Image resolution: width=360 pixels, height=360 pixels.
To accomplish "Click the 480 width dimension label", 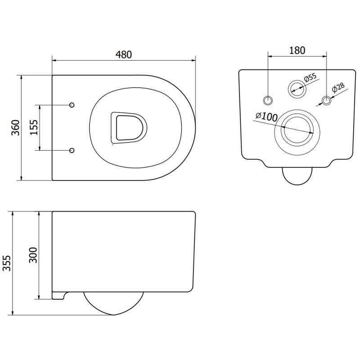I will point(124,54).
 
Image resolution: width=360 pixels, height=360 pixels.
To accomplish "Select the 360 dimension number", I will point(16,128).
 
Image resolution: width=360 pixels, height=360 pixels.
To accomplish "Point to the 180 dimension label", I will point(297,50).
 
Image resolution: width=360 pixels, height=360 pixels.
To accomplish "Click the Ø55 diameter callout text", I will point(310,78).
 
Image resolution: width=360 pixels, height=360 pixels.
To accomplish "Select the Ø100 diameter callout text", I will point(266,116).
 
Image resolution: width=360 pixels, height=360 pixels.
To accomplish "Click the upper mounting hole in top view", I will point(72,105).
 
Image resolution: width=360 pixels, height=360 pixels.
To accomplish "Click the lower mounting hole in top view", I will point(72,150).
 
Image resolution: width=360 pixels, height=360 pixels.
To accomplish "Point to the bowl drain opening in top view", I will point(129,128).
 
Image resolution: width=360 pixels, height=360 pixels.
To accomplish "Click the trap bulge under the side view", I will point(113,302).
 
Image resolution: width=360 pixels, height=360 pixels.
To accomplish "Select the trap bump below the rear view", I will point(297,175).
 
